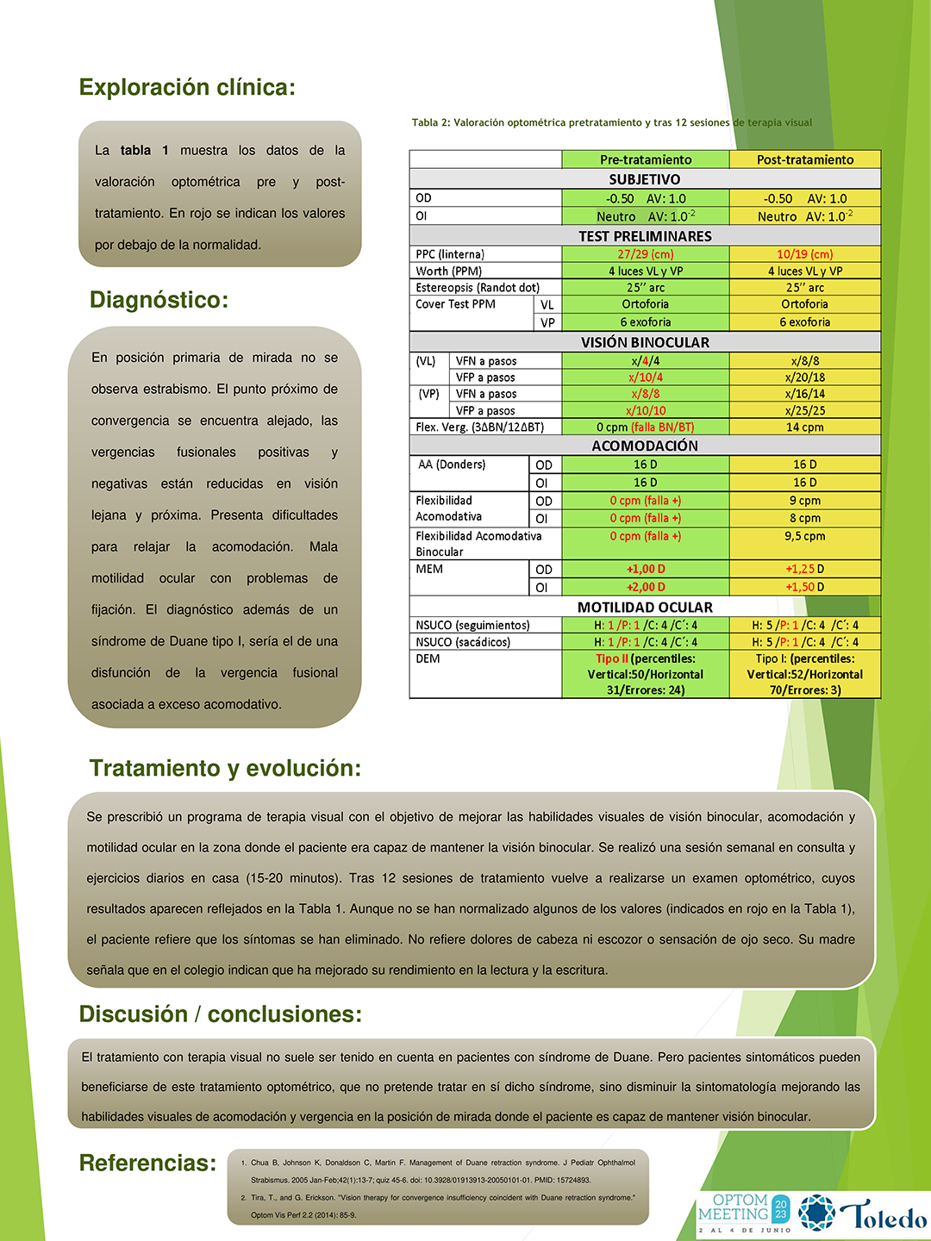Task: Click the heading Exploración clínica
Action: pyautogui.click(x=187, y=87)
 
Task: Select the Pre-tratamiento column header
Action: pyautogui.click(x=646, y=159)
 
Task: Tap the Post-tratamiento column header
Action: pyautogui.click(x=805, y=159)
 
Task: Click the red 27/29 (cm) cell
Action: pyautogui.click(x=646, y=254)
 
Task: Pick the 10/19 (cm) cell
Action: pyautogui.click(x=805, y=254)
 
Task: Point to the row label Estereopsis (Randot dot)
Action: pyautogui.click(x=478, y=288)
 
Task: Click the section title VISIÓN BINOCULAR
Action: pyautogui.click(x=645, y=342)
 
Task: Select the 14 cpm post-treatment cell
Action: pyautogui.click(x=805, y=427)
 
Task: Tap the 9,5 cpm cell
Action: pyautogui.click(x=805, y=536)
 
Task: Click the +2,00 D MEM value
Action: pyautogui.click(x=646, y=587)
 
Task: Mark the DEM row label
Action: pyautogui.click(x=428, y=659)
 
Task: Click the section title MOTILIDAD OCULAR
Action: pyautogui.click(x=645, y=608)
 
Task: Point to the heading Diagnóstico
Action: pyautogui.click(x=159, y=300)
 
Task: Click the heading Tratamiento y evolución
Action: pyautogui.click(x=225, y=768)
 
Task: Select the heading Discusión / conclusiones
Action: pyautogui.click(x=221, y=1014)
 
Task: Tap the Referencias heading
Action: pyautogui.click(x=147, y=1163)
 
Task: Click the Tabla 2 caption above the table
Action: pyautogui.click(x=612, y=122)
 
